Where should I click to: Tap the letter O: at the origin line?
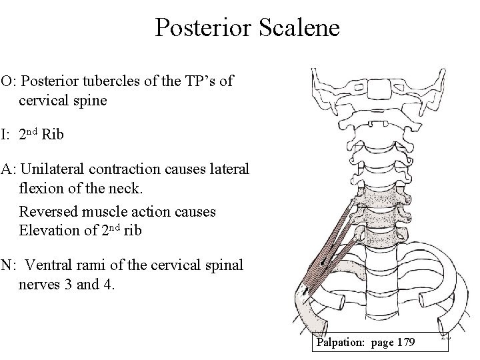[9, 82]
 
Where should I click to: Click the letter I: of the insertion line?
[5, 135]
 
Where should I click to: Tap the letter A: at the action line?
[9, 169]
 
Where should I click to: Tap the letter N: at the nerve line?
[9, 265]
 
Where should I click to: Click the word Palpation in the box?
[342, 343]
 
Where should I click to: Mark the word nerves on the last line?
[39, 285]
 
